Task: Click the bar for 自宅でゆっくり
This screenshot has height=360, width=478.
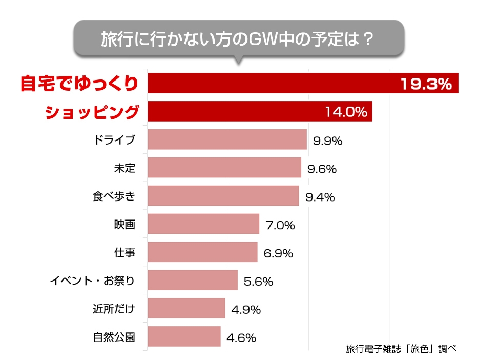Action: [x=272, y=84]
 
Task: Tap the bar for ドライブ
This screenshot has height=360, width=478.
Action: [x=227, y=139]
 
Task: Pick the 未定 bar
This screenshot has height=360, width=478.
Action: [x=224, y=168]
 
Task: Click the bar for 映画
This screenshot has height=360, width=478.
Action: [x=203, y=224]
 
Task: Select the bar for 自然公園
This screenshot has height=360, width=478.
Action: [x=184, y=336]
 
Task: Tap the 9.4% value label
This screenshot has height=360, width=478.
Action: [x=320, y=196]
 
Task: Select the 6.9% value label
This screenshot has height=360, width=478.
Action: [x=278, y=253]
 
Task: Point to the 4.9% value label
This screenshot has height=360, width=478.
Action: [x=246, y=309]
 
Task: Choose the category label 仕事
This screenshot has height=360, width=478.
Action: [x=124, y=253]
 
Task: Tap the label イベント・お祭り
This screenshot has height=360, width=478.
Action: [x=92, y=281]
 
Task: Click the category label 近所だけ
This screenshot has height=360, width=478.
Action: [x=114, y=309]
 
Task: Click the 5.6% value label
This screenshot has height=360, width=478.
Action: [x=259, y=281]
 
